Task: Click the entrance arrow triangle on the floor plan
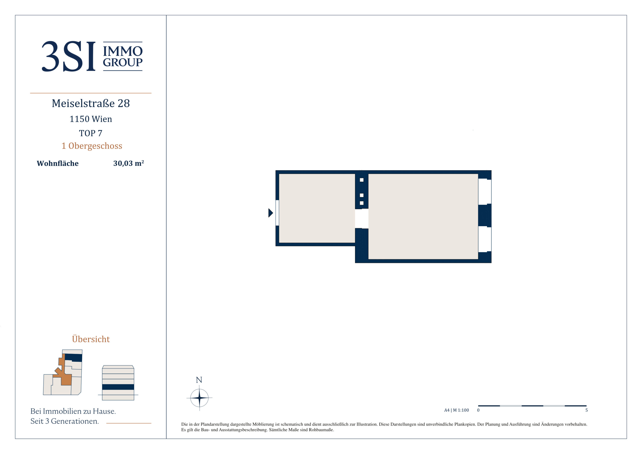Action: [x=270, y=213]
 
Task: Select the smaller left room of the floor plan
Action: [x=317, y=208]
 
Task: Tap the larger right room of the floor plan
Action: [x=423, y=216]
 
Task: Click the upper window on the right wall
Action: [x=485, y=192]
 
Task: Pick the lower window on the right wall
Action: [x=485, y=239]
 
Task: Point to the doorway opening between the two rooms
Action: [x=361, y=218]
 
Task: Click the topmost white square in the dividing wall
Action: [x=361, y=180]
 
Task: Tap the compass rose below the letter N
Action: [x=199, y=397]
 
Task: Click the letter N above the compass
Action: [x=199, y=380]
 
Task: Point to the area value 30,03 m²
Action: [x=129, y=163]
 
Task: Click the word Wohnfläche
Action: [x=58, y=163]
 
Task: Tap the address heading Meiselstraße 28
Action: [x=91, y=103]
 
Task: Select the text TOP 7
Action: [x=91, y=133]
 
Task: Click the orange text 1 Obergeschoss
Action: [x=92, y=146]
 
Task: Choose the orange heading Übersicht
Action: [x=91, y=339]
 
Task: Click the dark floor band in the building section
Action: [x=118, y=387]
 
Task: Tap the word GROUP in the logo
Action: [x=123, y=62]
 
